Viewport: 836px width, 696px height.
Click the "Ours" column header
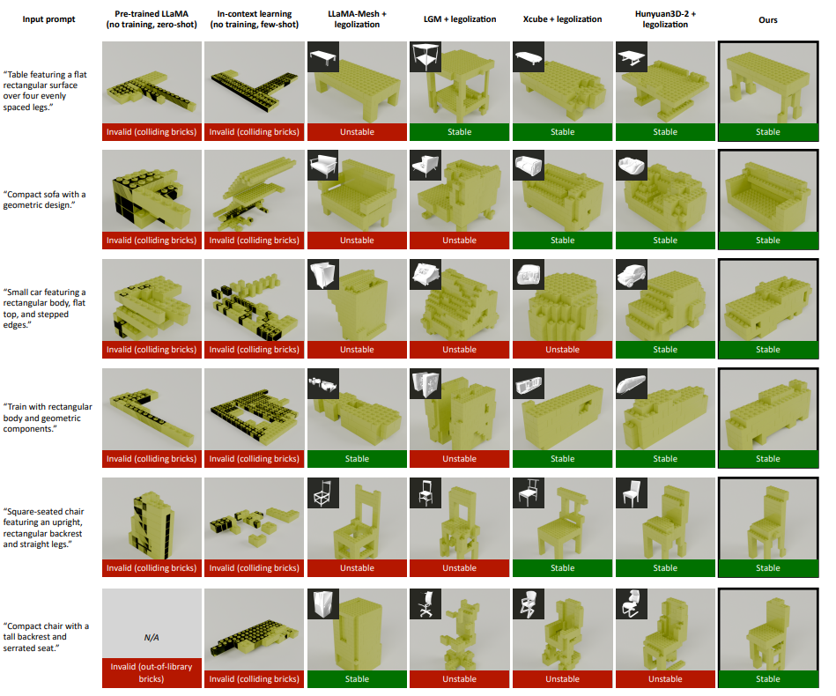coord(768,19)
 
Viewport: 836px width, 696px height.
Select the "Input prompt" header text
coord(48,19)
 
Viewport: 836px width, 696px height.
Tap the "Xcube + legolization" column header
coord(562,19)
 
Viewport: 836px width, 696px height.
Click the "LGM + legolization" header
coord(460,19)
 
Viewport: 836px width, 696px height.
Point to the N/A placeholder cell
coord(152,637)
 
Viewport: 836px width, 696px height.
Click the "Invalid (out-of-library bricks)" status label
coord(152,672)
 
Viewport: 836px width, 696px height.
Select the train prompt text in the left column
coord(48,418)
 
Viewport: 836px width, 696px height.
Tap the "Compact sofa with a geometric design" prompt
coord(44,199)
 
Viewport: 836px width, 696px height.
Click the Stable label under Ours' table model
coord(768,132)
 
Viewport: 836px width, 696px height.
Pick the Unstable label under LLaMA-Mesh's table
coord(357,132)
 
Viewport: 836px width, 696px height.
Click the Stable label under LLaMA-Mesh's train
coord(357,459)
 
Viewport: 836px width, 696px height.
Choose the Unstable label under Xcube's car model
coord(562,350)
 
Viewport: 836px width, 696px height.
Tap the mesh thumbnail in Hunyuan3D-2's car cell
coord(632,274)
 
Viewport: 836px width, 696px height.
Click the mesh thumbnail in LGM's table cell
coord(425,57)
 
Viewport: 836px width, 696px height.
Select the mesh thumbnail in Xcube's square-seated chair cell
coord(529,492)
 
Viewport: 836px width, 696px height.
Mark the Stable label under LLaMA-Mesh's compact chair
coord(357,679)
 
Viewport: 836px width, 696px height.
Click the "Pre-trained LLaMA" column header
coord(152,14)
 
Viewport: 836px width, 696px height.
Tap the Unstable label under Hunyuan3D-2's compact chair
coord(665,679)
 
